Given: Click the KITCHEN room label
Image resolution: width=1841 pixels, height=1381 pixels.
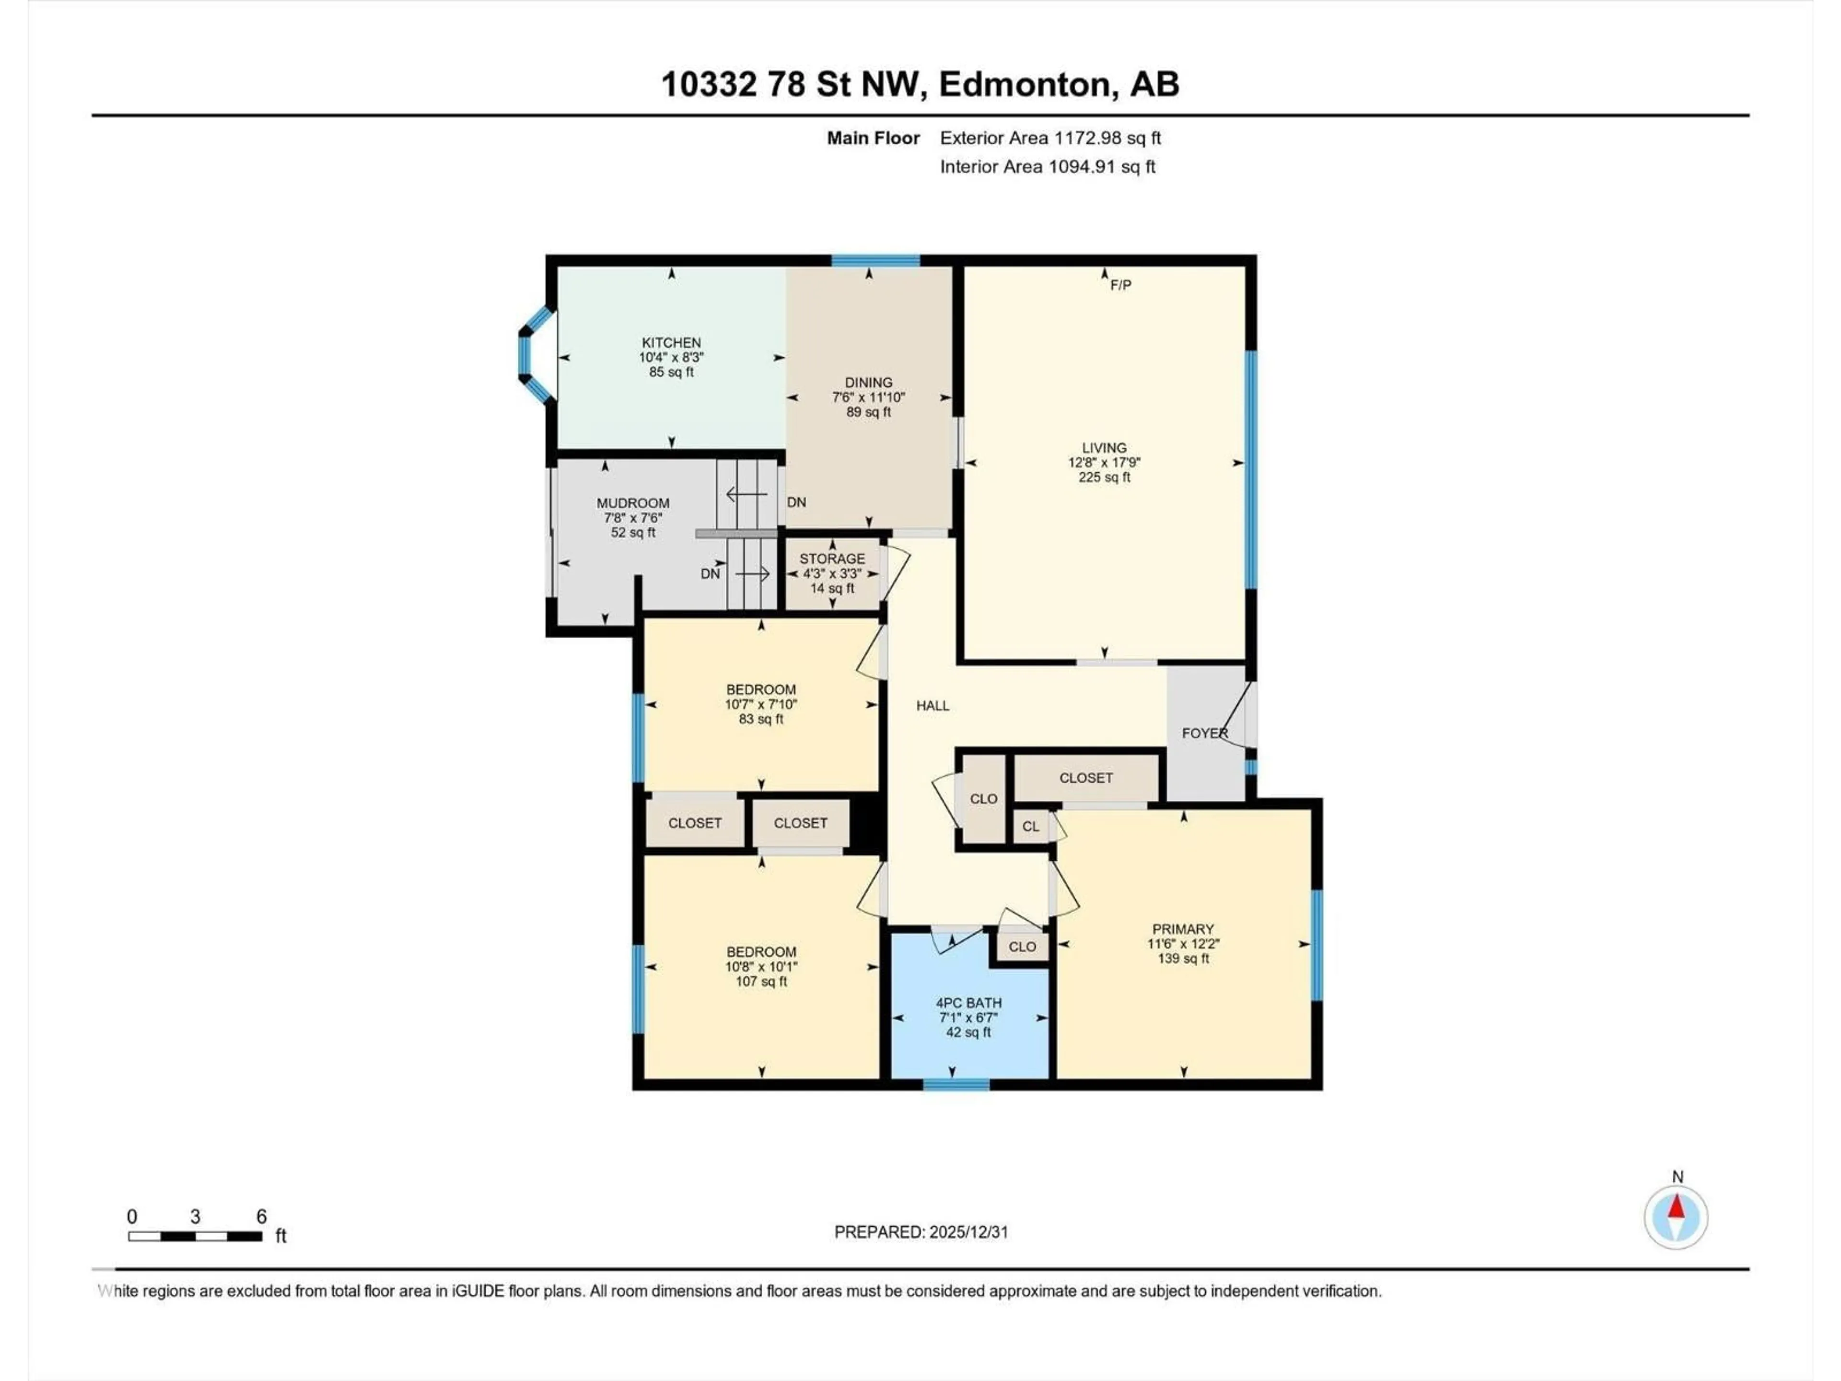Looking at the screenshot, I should coord(671,342).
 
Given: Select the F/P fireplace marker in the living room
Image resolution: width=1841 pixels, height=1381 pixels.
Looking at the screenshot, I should coord(1120,285).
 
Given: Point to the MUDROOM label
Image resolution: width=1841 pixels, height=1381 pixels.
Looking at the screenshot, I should coord(632,503).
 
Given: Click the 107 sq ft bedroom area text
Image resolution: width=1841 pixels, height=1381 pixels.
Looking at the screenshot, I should coord(761,982).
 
